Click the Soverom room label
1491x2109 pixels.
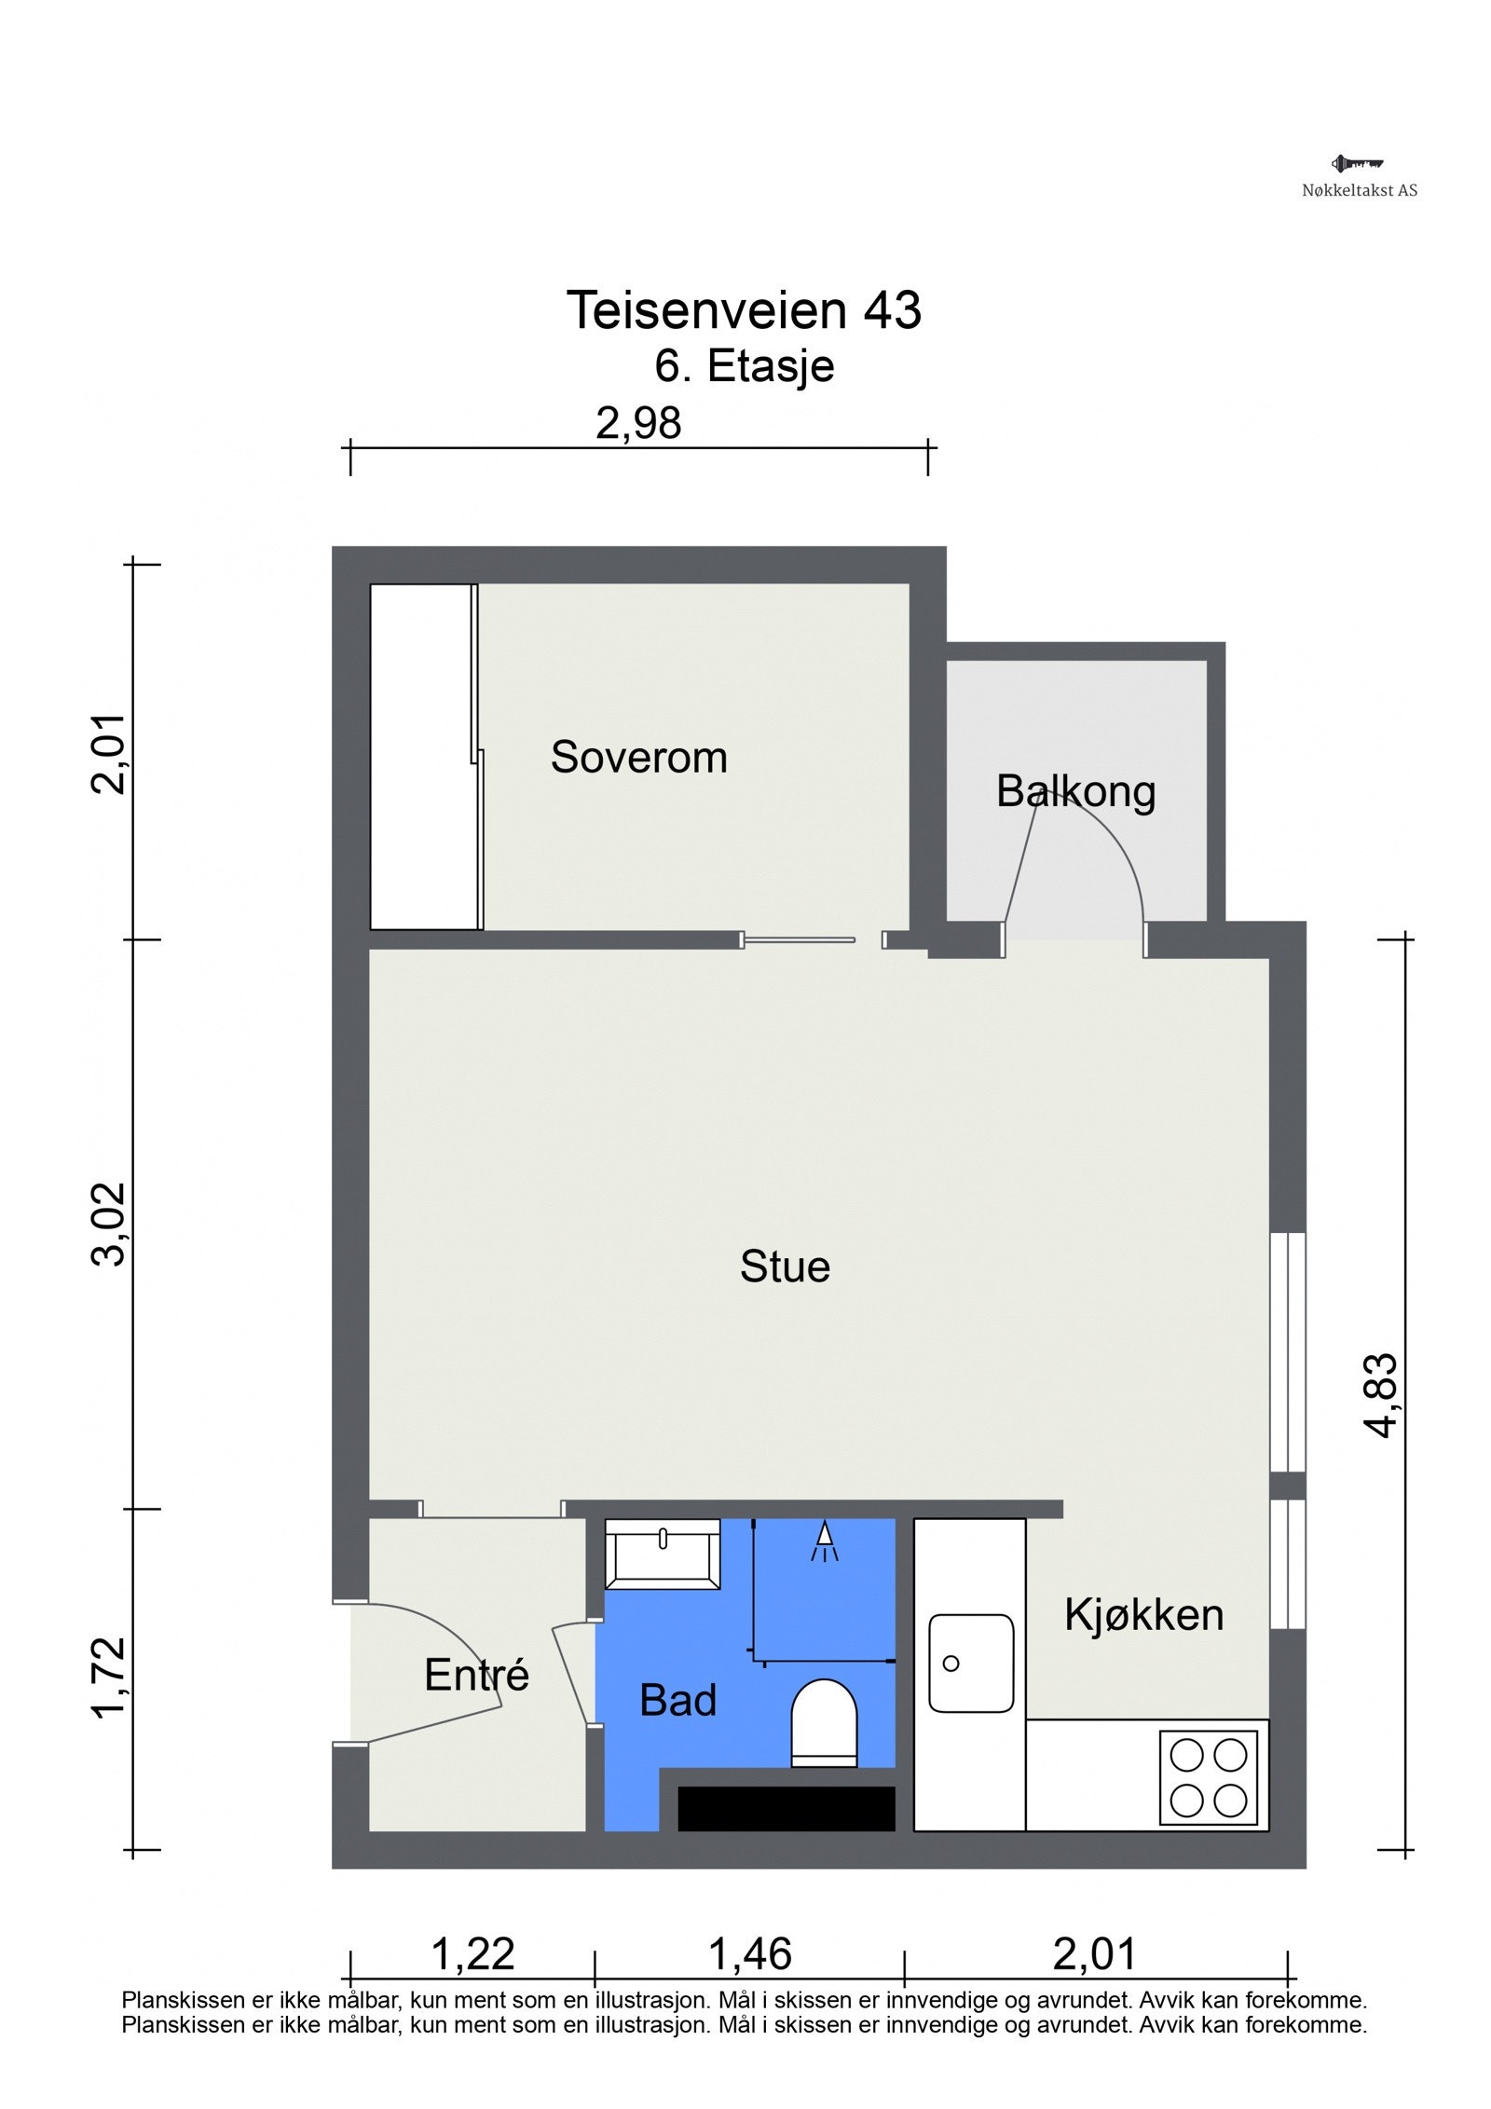tap(638, 757)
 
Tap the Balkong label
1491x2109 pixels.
tap(1075, 791)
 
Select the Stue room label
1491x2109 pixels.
tap(785, 1267)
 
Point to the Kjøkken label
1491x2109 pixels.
tap(1143, 1614)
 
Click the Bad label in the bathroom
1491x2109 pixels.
tap(678, 1701)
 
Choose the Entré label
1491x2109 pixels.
tap(476, 1675)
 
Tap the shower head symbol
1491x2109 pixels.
tap(825, 1541)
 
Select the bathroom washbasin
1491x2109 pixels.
tap(663, 1554)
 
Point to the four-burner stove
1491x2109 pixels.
tap(1209, 1778)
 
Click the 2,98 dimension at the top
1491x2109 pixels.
tap(638, 423)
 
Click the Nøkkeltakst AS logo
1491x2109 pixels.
tap(1359, 176)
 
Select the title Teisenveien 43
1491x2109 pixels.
tap(744, 309)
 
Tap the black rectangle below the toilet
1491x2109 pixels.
tap(786, 1809)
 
